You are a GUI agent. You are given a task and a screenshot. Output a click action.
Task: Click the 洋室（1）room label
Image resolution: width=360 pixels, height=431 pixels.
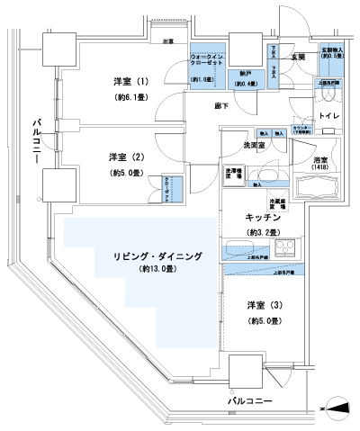tap(130, 78)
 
